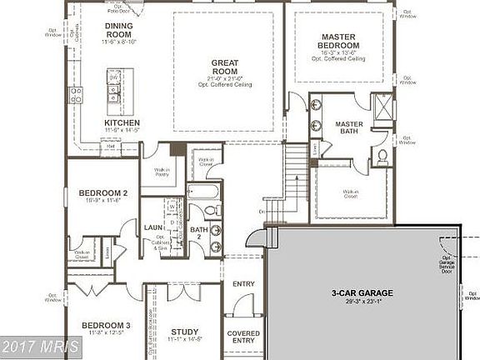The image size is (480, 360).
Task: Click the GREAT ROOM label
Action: pos(227,65)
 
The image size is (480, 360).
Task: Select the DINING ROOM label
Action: pos(117,30)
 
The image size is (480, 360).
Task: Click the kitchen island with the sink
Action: pos(112,87)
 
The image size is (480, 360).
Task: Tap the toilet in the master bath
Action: pos(382,156)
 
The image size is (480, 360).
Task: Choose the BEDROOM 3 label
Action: pos(105,325)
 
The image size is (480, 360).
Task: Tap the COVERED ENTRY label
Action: pos(243,337)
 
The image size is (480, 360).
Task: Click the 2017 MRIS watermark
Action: pos(40,345)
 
